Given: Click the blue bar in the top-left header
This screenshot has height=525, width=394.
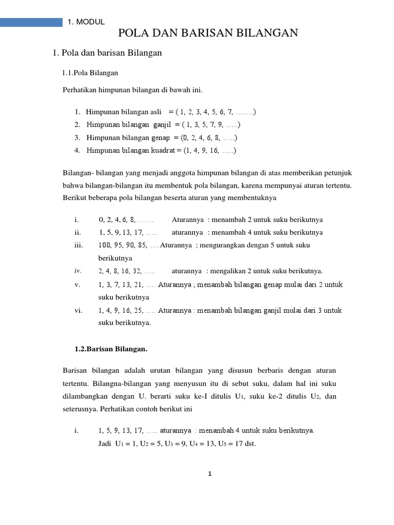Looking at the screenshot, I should (31, 22).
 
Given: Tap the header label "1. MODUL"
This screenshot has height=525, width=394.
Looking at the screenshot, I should (86, 22).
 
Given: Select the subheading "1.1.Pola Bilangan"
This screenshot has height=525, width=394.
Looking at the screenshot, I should (90, 73).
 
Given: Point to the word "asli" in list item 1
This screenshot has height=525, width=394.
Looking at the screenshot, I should (153, 112).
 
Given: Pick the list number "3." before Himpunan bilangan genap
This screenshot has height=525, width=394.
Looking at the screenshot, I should (77, 137).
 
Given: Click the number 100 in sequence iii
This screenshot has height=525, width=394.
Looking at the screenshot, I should (106, 245).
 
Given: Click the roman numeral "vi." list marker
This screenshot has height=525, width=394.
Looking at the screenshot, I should (78, 310).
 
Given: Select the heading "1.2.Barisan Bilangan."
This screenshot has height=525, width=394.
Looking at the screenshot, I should (111, 349).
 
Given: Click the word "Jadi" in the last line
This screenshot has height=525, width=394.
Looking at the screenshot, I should (105, 443).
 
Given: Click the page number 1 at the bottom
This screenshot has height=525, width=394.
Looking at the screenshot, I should (210, 474).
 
